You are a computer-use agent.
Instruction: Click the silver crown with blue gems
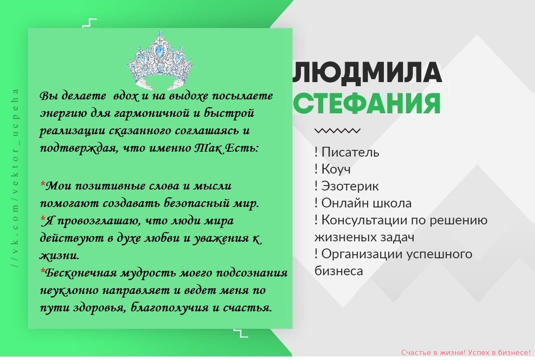(160, 61)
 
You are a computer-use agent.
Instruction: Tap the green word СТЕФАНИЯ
(366, 103)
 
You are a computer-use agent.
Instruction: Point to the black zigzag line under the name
(337, 131)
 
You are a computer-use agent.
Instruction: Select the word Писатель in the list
(350, 152)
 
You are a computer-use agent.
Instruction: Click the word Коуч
(336, 169)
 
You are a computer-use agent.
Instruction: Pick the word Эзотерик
(350, 186)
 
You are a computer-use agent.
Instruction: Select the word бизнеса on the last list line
(339, 271)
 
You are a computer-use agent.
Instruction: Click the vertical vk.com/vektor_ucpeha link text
(16, 178)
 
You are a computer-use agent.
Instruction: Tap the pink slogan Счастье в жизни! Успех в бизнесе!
(466, 352)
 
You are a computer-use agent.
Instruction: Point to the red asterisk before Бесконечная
(43, 271)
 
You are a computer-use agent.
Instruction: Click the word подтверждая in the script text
(79, 149)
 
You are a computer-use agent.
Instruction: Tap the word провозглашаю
(99, 221)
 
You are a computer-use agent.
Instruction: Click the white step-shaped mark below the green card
(241, 333)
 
